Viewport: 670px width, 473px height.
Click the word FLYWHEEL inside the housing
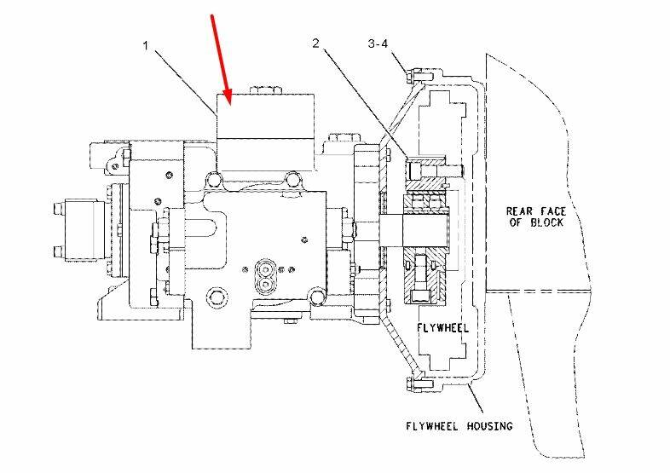439,327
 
